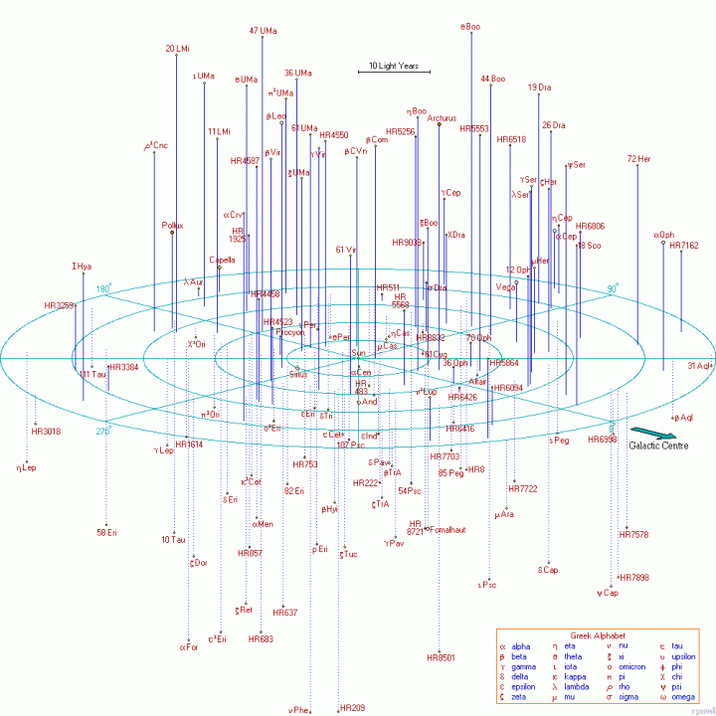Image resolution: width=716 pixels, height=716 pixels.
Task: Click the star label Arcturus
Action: [x=441, y=118]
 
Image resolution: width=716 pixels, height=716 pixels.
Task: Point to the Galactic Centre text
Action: [x=658, y=446]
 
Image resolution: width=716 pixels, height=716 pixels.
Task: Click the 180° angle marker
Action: [x=102, y=289]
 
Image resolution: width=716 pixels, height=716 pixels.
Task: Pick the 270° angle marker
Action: [x=102, y=431]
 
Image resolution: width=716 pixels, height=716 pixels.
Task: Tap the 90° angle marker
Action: [x=614, y=289]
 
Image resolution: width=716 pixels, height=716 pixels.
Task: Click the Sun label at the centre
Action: [x=359, y=353]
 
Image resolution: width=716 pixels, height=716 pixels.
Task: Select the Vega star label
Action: [x=506, y=286]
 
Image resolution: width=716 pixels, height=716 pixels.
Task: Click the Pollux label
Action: [x=172, y=226]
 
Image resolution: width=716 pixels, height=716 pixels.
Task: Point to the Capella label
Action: [x=222, y=261]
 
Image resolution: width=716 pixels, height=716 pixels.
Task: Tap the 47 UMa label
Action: [x=262, y=31]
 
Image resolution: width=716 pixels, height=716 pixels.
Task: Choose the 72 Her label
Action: [x=638, y=159]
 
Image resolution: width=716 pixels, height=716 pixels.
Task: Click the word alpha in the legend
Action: [x=522, y=646]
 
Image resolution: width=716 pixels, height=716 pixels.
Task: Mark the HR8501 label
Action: [x=441, y=657]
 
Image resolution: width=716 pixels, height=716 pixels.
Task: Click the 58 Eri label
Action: [x=106, y=533]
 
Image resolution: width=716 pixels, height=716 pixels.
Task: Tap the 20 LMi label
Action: [x=177, y=48]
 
